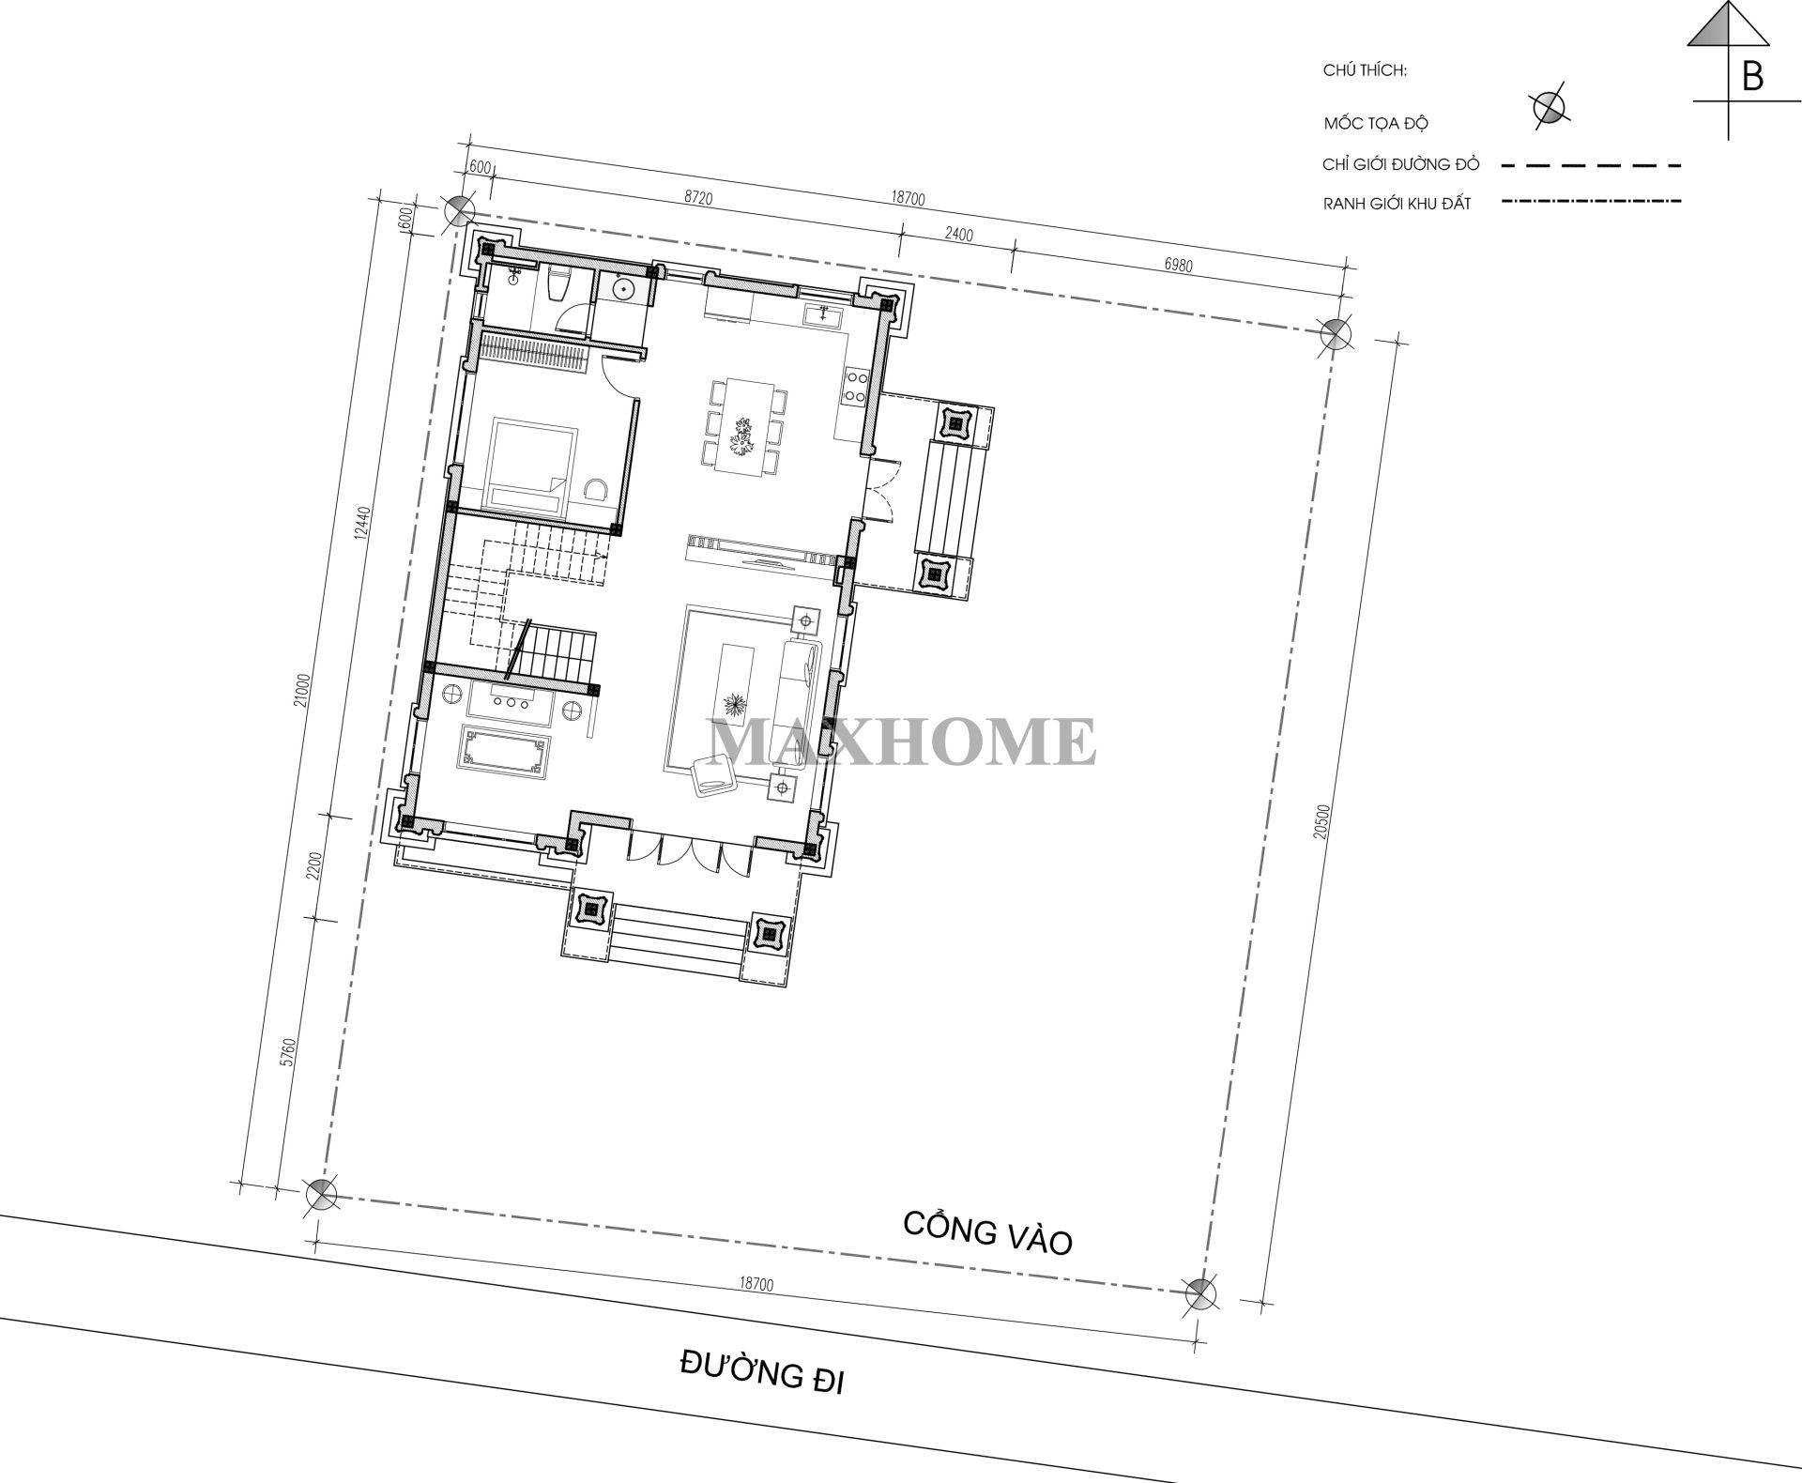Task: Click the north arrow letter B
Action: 1751,76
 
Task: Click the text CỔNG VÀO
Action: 986,1232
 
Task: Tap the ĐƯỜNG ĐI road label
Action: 761,1377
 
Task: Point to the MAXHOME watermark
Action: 901,741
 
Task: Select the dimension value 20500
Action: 1322,822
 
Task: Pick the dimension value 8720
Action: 698,198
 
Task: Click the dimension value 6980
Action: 1178,266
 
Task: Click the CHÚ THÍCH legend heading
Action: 1365,70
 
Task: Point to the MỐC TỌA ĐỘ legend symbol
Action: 1549,108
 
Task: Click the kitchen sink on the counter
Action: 824,314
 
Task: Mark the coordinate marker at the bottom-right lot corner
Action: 1199,1294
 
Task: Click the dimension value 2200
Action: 313,864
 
